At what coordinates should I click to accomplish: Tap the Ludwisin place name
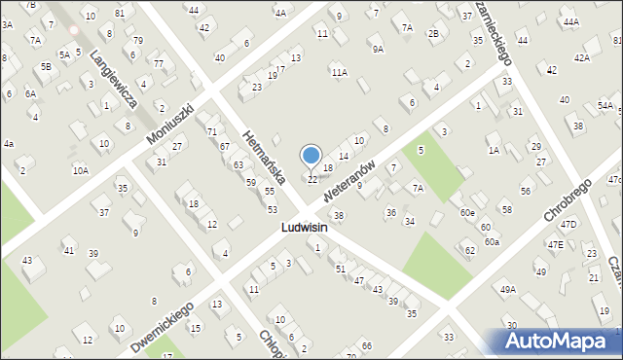(303, 227)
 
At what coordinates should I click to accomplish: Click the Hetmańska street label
(264, 155)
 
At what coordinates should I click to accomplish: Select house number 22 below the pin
(312, 179)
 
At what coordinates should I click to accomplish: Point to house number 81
(119, 13)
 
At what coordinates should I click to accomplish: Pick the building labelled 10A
(80, 170)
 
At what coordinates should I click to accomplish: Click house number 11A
(339, 72)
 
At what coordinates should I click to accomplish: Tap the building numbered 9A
(377, 48)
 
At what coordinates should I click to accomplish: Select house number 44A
(570, 21)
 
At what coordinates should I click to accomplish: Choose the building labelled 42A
(581, 57)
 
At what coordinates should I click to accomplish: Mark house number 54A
(605, 105)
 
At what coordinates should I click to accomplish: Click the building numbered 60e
(467, 212)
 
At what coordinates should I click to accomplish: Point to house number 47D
(568, 225)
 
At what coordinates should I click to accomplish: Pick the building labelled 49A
(507, 289)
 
